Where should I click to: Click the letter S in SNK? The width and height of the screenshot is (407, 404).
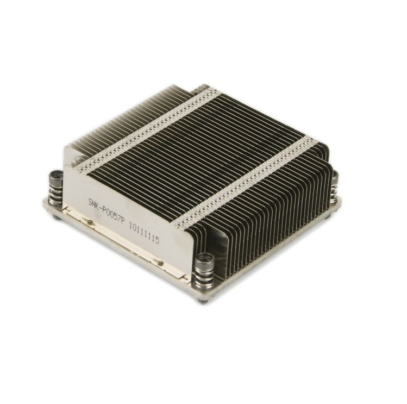click(x=91, y=202)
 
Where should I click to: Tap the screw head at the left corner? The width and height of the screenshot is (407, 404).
click(x=55, y=177)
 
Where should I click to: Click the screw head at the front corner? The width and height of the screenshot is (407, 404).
click(x=205, y=261)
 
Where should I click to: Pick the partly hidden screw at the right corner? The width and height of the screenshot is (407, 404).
click(x=336, y=177)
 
